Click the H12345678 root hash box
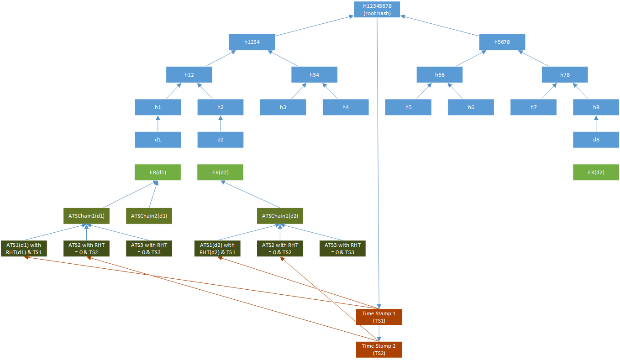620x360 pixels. [x=377, y=10]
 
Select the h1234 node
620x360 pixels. [x=252, y=42]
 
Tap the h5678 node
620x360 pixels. [x=502, y=42]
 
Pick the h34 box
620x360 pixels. [x=314, y=74]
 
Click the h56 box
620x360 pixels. [x=439, y=74]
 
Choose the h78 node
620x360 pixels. [x=564, y=74]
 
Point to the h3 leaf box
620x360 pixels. [x=283, y=107]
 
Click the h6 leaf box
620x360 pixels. [x=471, y=107]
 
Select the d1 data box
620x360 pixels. [x=158, y=140]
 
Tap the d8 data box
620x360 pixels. [x=596, y=140]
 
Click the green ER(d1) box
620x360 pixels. [x=158, y=172]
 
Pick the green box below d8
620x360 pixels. [x=596, y=172]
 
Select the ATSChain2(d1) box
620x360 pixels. [x=149, y=216]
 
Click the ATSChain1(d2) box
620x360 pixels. [x=280, y=216]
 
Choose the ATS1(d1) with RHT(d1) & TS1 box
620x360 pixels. [x=24, y=248]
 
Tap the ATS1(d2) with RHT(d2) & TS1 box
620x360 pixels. [x=217, y=248]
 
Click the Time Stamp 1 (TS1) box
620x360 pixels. [x=379, y=317]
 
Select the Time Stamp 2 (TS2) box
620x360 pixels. [x=379, y=349]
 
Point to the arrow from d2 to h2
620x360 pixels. [x=220, y=123]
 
